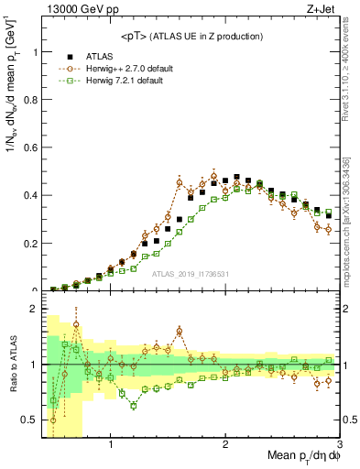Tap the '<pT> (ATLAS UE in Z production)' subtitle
coord(191,36)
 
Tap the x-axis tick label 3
coord(338,445)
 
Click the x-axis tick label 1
coord(111,445)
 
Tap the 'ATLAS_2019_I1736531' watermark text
coord(191,274)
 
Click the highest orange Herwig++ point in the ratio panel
coord(76,324)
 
